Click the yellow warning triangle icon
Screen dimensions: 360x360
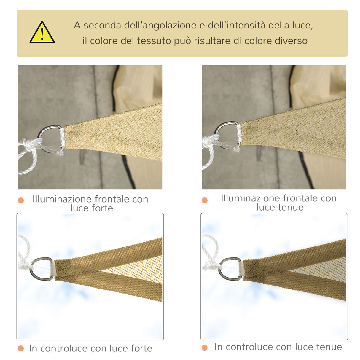(42, 33)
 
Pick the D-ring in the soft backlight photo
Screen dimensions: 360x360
(225, 268)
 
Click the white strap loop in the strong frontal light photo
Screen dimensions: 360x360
(62, 138)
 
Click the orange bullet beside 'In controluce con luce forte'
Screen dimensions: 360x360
(21, 348)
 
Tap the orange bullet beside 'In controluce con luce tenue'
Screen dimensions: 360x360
(205, 348)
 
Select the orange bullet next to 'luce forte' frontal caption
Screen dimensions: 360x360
(21, 200)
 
